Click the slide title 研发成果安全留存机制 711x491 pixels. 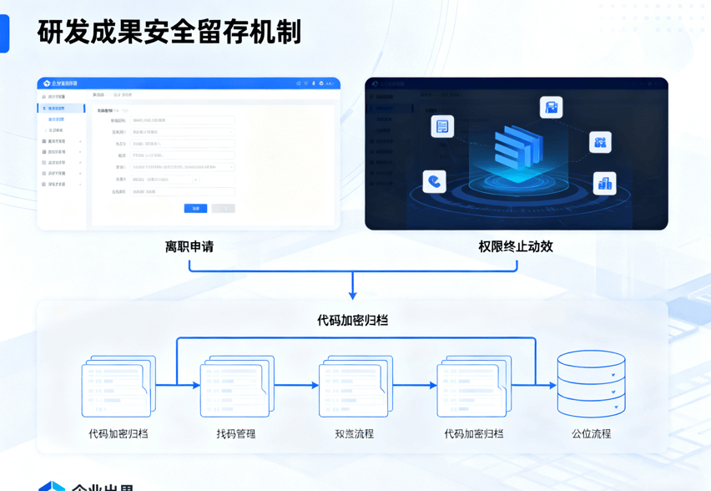[169, 33]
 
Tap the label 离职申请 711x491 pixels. [189, 247]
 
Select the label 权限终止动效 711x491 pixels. [516, 247]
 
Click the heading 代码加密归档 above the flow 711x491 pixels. [352, 320]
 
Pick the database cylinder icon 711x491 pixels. [591, 384]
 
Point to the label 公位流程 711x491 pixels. [591, 434]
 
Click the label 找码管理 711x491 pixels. [236, 434]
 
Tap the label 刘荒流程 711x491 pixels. [354, 434]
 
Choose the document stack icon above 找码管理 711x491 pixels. [237, 386]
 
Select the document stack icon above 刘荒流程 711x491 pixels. [355, 386]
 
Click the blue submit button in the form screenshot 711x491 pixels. [196, 209]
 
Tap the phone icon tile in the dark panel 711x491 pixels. [434, 181]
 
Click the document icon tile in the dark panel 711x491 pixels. [442, 126]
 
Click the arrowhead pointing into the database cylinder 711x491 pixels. [552, 385]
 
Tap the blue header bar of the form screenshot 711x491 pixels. [189, 84]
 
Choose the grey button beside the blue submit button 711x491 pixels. [223, 209]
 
